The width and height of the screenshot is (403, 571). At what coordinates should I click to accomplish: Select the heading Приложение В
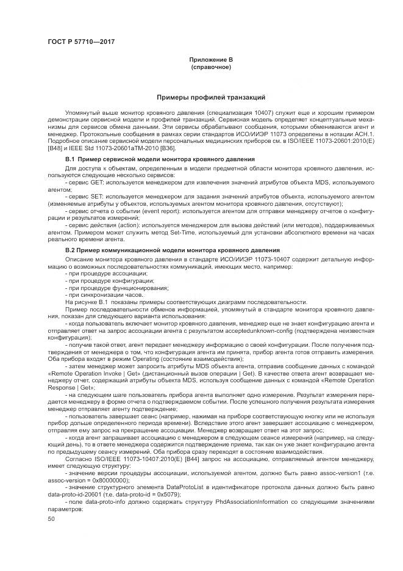[211, 59]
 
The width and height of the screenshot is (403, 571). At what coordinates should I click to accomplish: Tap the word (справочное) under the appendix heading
[211, 66]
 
